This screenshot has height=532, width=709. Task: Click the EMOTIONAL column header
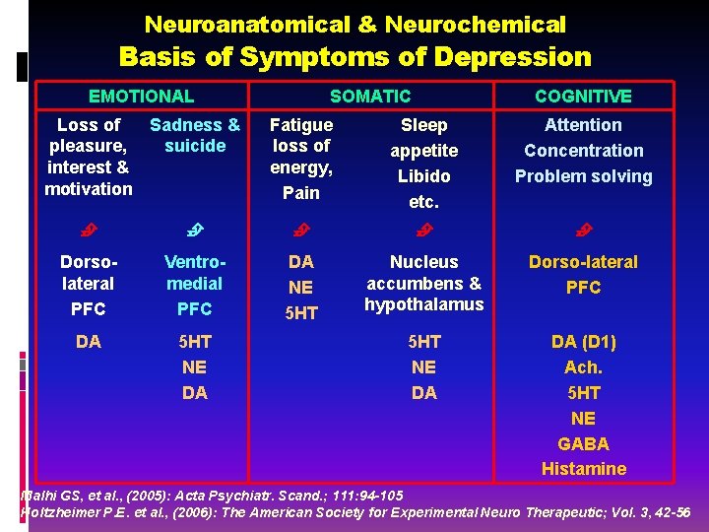click(141, 96)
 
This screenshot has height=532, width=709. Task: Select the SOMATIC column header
click(370, 96)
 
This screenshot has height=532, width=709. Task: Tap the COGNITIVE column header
click(583, 96)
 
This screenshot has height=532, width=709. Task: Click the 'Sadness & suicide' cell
click(195, 136)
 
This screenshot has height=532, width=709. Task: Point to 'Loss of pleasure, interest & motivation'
click(89, 157)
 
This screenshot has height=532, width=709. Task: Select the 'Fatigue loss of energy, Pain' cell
click(301, 159)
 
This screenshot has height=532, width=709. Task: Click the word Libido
click(423, 176)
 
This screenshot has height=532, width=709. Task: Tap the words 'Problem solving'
click(583, 176)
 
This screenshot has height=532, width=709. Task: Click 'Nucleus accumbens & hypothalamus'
click(423, 284)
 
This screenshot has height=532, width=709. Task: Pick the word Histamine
click(583, 469)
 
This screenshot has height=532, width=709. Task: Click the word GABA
click(583, 443)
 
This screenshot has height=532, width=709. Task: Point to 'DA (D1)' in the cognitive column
click(583, 342)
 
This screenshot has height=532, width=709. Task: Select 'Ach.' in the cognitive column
click(583, 367)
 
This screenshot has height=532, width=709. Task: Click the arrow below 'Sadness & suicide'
click(195, 231)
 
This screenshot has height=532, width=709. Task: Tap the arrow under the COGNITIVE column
click(583, 231)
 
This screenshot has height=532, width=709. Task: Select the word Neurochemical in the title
click(476, 24)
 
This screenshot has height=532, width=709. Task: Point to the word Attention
click(583, 125)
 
